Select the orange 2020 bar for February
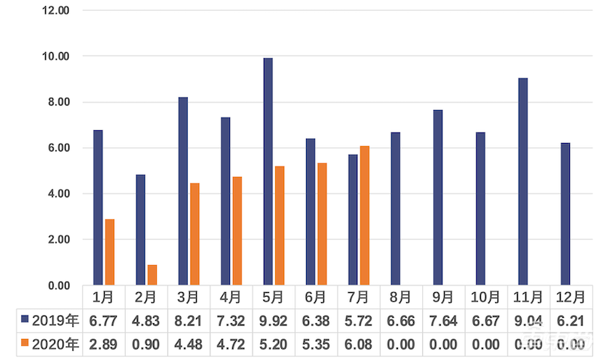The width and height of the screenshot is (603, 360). tap(152, 275)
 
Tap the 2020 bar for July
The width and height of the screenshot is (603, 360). tap(366, 215)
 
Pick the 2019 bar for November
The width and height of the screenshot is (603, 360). tap(523, 182)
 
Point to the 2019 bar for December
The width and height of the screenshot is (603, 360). tap(565, 214)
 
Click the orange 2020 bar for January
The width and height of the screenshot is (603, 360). tap(110, 252)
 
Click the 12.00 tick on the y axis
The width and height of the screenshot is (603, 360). tap(56, 11)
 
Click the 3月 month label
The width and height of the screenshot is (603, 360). tap(188, 297)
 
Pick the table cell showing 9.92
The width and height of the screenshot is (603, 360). tap(274, 322)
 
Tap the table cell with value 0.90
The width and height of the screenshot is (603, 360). tap(146, 346)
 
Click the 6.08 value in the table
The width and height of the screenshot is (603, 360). tap(359, 346)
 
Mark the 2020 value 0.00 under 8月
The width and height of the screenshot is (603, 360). tap(401, 346)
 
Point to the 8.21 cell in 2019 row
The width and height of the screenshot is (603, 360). tap(188, 322)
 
